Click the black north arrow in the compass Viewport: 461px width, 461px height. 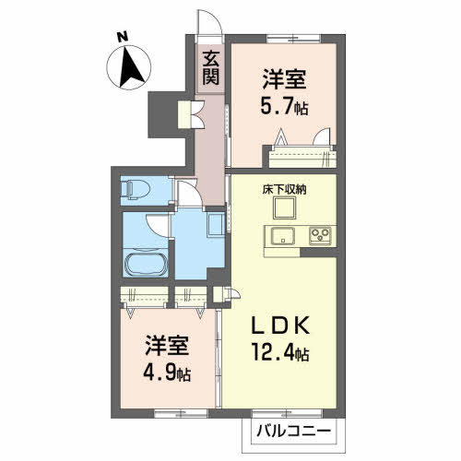(131, 67)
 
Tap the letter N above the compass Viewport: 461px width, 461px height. (123, 37)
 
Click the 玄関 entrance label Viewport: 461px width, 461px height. (211, 68)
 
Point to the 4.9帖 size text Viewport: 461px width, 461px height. (167, 372)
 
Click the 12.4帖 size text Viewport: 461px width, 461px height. (280, 352)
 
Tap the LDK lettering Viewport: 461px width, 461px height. (280, 325)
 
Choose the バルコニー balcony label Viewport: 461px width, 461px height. (294, 431)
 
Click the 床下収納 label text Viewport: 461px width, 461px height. (284, 190)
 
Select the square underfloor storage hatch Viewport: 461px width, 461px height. (284, 207)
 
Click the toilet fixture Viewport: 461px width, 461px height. (136, 190)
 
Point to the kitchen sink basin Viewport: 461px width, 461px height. (282, 236)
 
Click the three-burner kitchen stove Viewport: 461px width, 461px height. (320, 236)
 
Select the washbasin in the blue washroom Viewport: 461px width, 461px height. (217, 225)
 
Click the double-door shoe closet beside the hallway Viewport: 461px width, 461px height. (191, 114)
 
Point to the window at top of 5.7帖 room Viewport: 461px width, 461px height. (293, 39)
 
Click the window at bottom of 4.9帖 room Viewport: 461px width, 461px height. (181, 414)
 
